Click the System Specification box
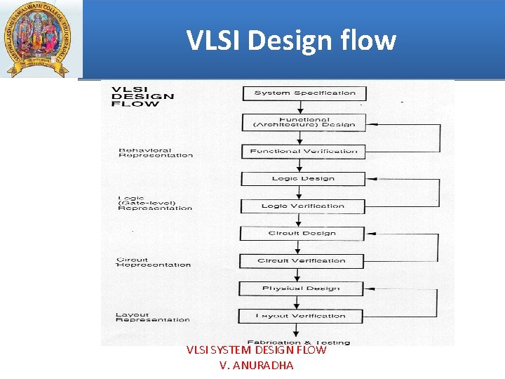tap(304, 93)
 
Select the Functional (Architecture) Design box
tap(304, 122)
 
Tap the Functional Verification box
tap(304, 151)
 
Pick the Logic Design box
tap(304, 178)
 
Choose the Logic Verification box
tap(304, 206)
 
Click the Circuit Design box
tap(302, 233)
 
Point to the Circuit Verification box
tap(302, 260)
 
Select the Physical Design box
tap(302, 288)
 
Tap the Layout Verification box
tap(302, 316)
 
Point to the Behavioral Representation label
tap(155, 152)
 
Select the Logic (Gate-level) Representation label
tap(154, 203)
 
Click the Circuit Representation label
tap(153, 262)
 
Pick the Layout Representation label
tap(152, 317)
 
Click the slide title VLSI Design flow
tap(291, 40)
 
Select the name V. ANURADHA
tap(256, 365)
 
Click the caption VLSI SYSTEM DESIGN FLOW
tap(256, 350)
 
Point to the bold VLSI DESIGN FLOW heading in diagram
tap(144, 96)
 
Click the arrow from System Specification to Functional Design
tap(300, 107)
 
